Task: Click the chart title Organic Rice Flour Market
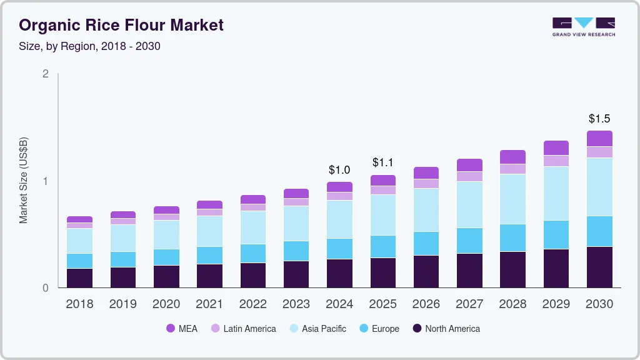point(121,26)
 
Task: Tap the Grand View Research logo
point(584,26)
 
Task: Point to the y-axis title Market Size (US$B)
point(24,181)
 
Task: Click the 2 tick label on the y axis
point(45,74)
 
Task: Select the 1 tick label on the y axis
point(45,181)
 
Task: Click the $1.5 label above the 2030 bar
point(599,119)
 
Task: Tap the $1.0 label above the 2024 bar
point(339,170)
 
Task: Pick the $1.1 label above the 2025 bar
point(382,162)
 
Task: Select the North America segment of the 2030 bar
point(599,267)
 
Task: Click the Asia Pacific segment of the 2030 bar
point(599,187)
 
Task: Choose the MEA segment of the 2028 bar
point(512,157)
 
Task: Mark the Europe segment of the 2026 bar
point(426,243)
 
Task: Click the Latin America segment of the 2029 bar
point(556,161)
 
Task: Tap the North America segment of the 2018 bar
point(79,278)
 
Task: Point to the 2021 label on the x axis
point(209,304)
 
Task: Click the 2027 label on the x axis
point(469,304)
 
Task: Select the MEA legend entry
point(182,329)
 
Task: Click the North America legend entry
point(446,329)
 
